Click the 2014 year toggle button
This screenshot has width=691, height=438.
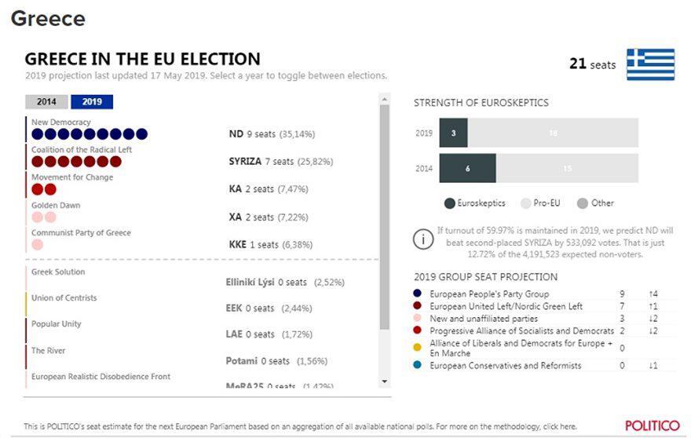[x=46, y=102]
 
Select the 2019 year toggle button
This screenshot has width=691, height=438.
[x=92, y=102]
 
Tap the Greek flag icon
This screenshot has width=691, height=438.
[x=650, y=64]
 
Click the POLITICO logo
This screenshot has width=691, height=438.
[x=652, y=425]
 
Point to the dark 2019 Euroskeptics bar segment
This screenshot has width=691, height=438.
[x=453, y=133]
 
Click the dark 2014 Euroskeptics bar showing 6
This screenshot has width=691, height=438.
[x=467, y=168]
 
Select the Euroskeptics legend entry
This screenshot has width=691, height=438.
[x=474, y=203]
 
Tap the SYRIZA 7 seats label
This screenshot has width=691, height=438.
[x=280, y=162]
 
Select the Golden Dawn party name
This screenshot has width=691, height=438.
[x=56, y=206]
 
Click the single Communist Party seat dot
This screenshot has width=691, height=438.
[x=38, y=245]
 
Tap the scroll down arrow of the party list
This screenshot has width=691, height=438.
[x=384, y=381]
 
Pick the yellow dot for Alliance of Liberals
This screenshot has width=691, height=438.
[x=417, y=348]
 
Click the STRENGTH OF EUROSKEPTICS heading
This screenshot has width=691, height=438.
[x=481, y=103]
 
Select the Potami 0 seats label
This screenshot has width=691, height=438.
[x=258, y=361]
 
